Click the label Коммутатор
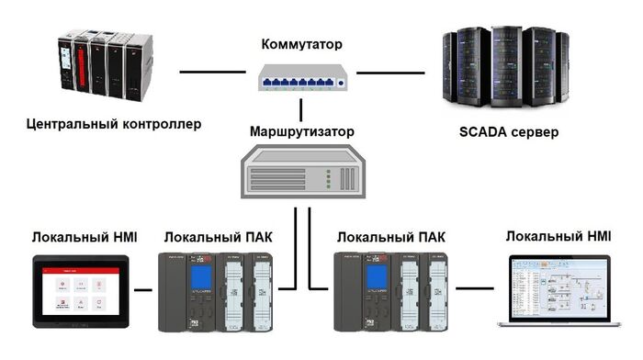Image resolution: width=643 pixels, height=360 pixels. (x=301, y=43)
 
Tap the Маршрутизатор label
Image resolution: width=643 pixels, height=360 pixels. (x=301, y=131)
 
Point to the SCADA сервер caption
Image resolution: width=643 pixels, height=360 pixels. (x=508, y=131)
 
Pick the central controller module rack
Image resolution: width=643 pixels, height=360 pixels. (x=103, y=68)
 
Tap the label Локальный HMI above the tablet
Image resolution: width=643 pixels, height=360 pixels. (x=85, y=238)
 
